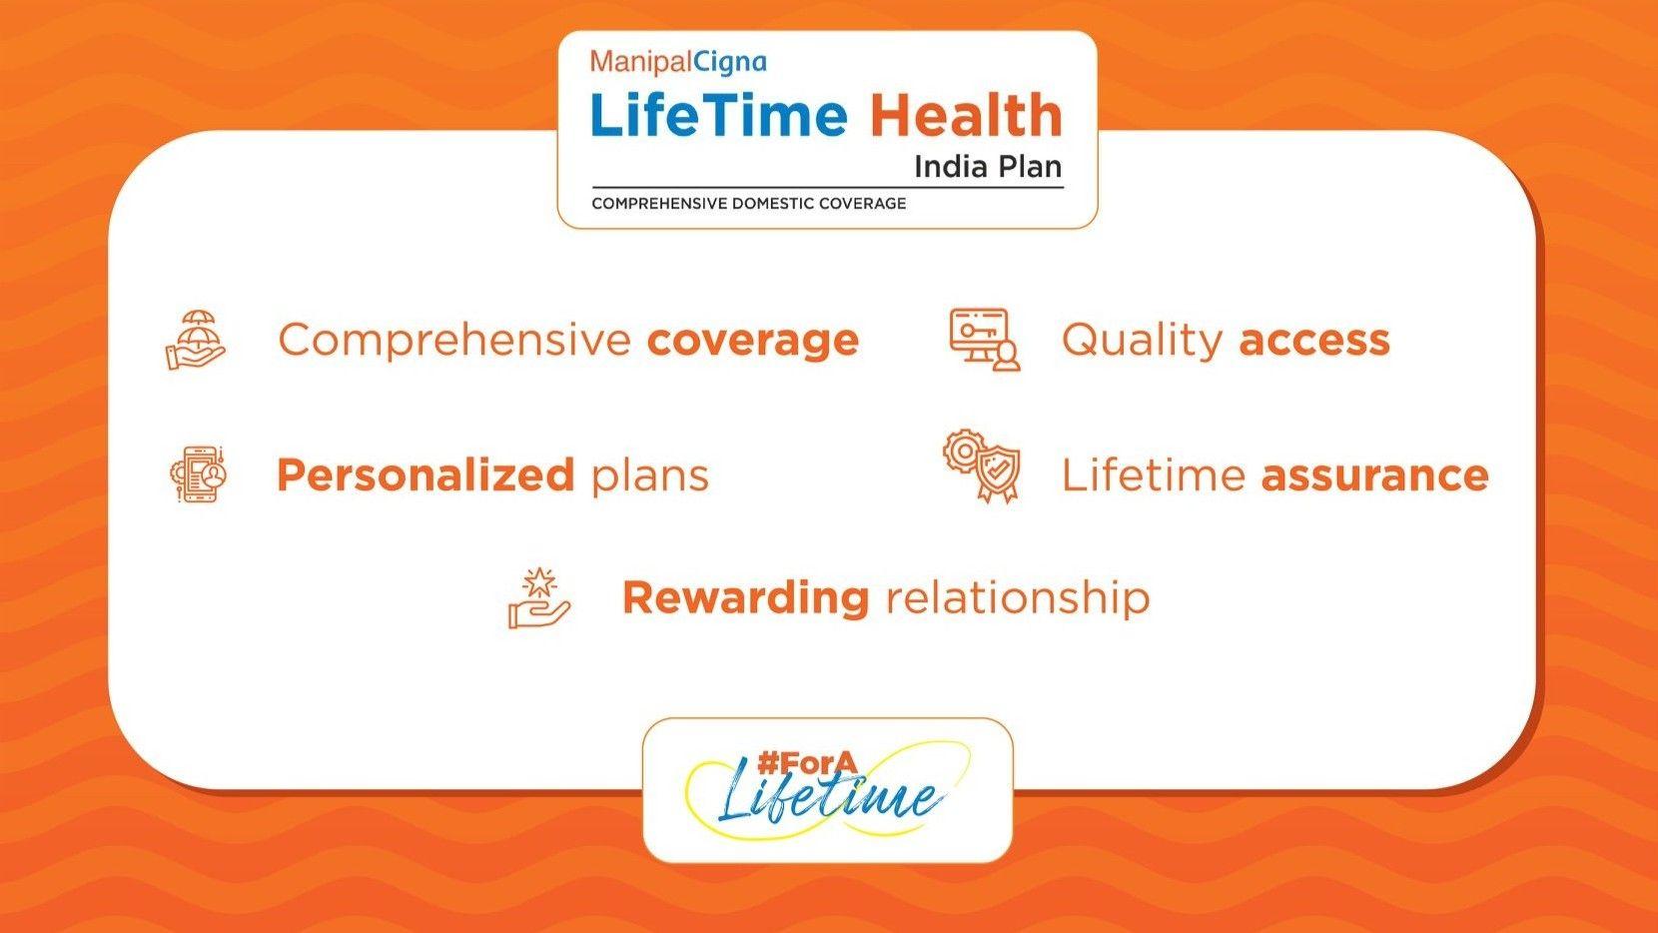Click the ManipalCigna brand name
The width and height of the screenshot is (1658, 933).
678,62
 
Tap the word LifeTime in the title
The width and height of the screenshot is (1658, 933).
718,115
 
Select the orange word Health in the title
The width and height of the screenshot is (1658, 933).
966,115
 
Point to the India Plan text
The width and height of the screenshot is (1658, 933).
987,166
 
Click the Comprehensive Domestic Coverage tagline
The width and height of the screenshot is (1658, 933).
748,204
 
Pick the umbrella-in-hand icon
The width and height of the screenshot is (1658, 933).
196,340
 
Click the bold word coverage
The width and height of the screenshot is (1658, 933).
753,340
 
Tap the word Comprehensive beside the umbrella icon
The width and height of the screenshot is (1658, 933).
454,340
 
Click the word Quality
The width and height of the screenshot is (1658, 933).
1141,340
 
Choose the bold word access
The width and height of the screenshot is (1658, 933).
1314,340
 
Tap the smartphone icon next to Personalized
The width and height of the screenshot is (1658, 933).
199,474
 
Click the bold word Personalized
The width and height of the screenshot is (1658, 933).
424,474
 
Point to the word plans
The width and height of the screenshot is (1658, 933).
650,475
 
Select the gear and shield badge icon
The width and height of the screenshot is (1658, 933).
982,466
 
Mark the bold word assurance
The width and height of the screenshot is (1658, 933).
1374,474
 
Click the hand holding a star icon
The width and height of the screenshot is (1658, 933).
539,598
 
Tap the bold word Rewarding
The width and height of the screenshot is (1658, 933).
745,597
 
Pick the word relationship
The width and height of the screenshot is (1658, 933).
1018,597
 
